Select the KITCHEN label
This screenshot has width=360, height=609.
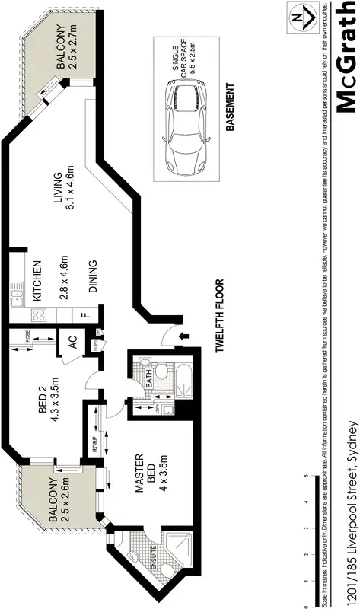34,275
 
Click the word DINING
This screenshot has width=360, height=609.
94,277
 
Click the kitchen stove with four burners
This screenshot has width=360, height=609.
37,314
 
